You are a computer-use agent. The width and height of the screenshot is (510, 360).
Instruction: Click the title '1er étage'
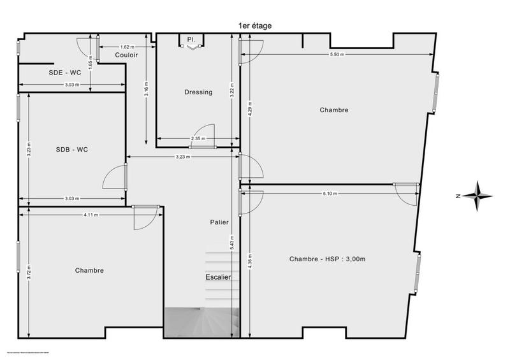pyautogui.click(x=255, y=25)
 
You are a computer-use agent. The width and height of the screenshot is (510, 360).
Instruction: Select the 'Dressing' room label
pyautogui.click(x=198, y=92)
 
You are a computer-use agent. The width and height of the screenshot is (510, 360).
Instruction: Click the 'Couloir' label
pyautogui.click(x=127, y=55)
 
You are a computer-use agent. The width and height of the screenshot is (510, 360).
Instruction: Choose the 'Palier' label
pyautogui.click(x=219, y=222)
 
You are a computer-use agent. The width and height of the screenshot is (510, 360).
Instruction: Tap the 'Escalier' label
pyautogui.click(x=218, y=278)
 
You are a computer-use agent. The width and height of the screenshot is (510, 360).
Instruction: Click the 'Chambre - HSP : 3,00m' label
pyautogui.click(x=328, y=259)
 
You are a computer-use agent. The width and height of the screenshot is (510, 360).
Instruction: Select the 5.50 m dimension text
pyautogui.click(x=337, y=55)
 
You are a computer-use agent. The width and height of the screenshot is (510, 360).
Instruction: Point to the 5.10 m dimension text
pyautogui.click(x=329, y=194)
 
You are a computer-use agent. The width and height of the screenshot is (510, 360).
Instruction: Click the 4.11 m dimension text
pyautogui.click(x=91, y=215)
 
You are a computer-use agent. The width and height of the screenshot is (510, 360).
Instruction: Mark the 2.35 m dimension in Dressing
pyautogui.click(x=198, y=139)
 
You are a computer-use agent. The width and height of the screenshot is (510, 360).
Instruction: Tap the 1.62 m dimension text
pyautogui.click(x=127, y=47)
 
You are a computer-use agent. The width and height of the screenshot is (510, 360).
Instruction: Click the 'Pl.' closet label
pyautogui.click(x=191, y=40)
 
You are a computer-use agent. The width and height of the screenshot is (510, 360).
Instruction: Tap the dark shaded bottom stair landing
pyautogui.click(x=201, y=322)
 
